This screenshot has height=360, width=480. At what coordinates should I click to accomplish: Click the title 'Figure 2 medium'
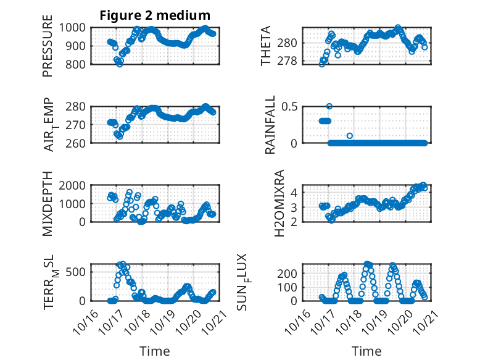[x=155, y=15]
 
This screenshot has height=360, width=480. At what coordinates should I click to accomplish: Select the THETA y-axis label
[x=266, y=46]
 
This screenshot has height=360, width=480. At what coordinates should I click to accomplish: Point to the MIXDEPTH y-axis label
[x=48, y=203]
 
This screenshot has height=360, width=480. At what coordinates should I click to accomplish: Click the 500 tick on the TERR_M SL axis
[x=78, y=270]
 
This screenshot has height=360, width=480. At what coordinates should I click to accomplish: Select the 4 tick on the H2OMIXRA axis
[x=295, y=192]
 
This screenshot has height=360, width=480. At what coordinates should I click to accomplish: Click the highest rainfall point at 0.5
[x=329, y=106]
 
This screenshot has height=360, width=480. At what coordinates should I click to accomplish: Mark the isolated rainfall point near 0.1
[x=350, y=135]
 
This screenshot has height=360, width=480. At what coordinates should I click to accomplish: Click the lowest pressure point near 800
[x=120, y=64]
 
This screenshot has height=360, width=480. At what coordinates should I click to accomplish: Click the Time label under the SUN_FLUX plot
[x=366, y=351]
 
